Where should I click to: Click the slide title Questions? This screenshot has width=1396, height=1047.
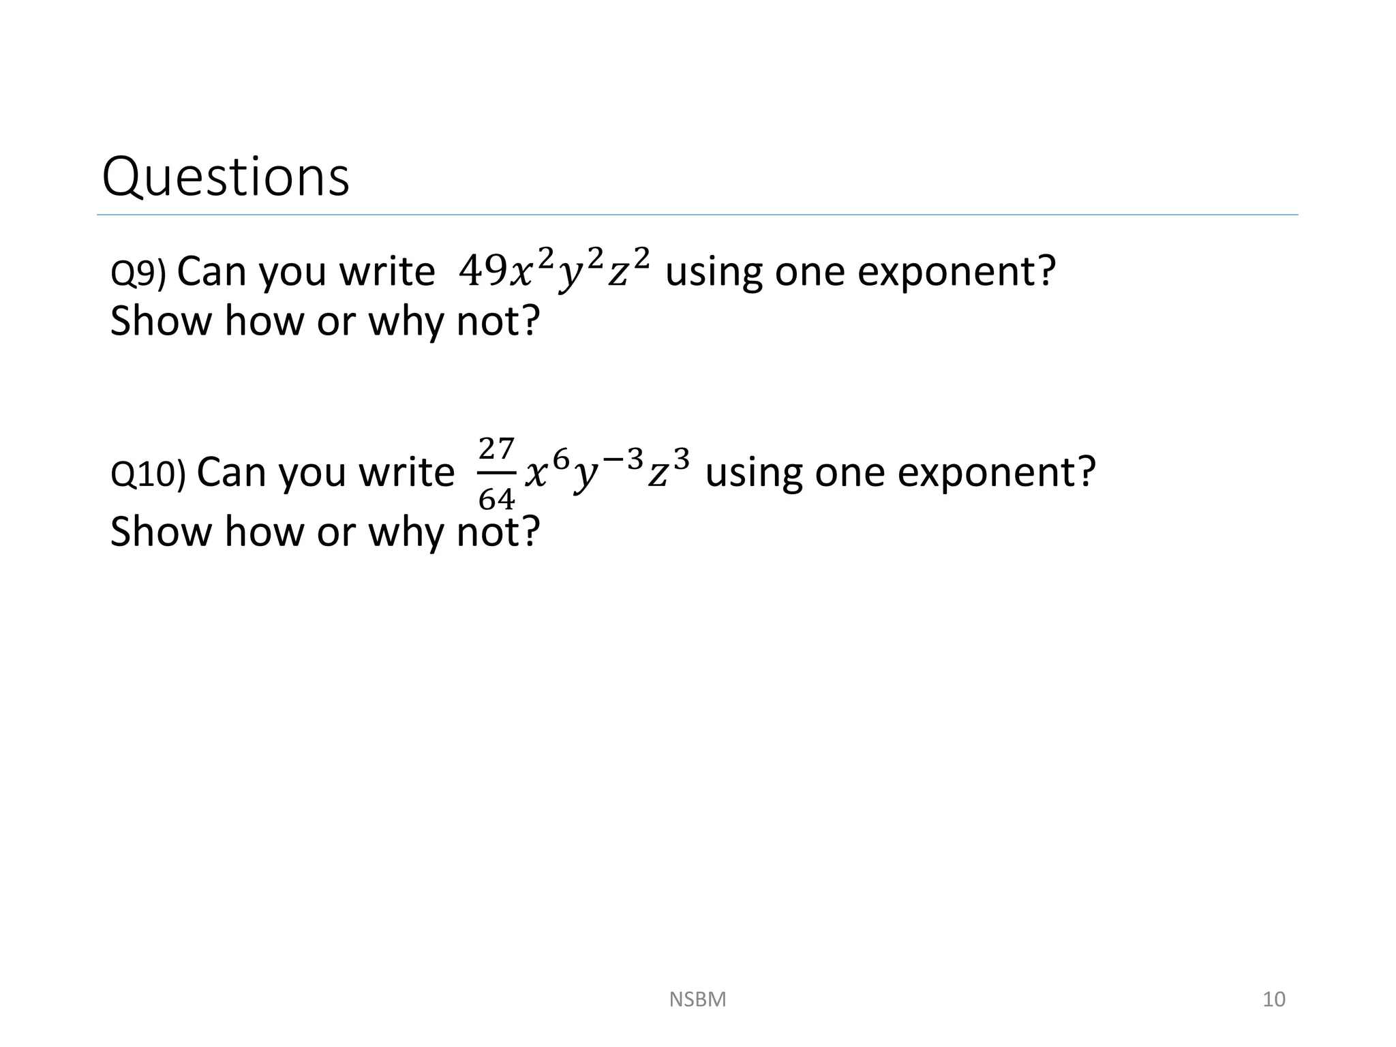(x=225, y=177)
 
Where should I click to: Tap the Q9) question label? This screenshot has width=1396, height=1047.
(x=138, y=273)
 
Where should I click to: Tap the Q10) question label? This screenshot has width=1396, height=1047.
(x=147, y=474)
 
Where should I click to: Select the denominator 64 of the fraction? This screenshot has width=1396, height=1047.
(x=496, y=500)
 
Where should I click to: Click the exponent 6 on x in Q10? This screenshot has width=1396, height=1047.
(x=560, y=461)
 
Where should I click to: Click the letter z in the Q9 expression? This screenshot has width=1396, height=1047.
(x=618, y=274)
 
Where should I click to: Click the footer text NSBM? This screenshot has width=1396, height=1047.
(x=697, y=999)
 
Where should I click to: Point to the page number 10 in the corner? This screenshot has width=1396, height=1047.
(x=1273, y=999)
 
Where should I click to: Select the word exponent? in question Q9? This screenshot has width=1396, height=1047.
(x=956, y=271)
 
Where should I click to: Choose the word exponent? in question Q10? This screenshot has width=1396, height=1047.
(x=997, y=472)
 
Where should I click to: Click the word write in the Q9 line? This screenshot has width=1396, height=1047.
(x=387, y=271)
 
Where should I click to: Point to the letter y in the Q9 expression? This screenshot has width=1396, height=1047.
(x=569, y=275)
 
